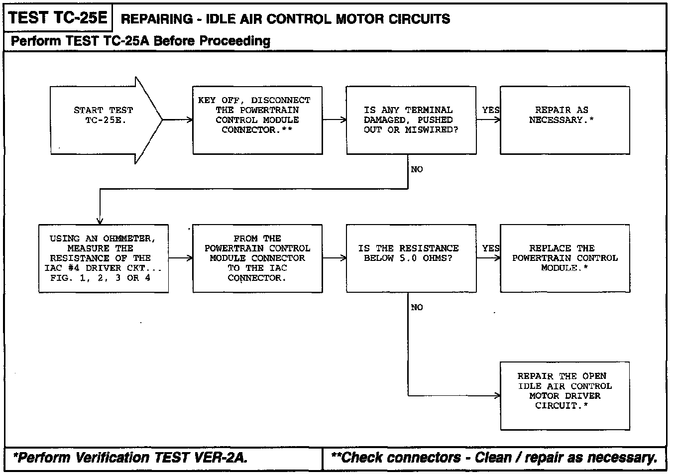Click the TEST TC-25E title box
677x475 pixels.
[58, 18]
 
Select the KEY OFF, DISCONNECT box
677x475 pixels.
[257, 120]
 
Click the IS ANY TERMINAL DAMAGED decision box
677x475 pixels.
[411, 120]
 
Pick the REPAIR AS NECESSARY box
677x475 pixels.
[564, 120]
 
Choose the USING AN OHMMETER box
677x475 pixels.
[104, 258]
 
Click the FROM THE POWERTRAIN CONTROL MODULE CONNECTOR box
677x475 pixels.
[257, 258]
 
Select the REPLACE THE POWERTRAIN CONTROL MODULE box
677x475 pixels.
[564, 258]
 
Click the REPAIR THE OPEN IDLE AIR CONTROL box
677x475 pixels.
[564, 395]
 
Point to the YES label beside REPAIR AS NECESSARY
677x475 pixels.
[490, 110]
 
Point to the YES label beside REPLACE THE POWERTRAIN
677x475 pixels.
[490, 248]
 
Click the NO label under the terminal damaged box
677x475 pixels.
[417, 169]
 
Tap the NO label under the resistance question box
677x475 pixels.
[417, 307]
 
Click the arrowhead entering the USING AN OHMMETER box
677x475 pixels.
[100, 221]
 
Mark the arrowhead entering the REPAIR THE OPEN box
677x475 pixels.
[497, 396]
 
